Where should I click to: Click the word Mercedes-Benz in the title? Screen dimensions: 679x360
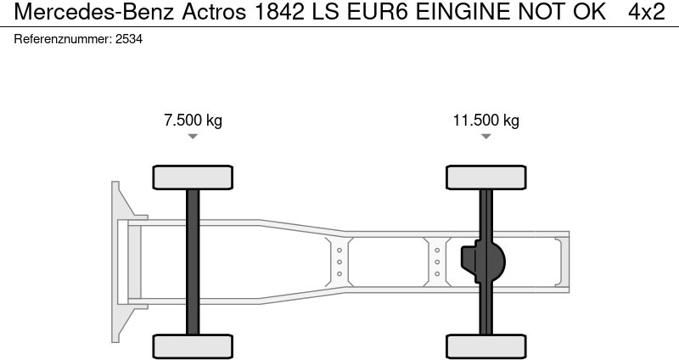(x=94, y=12)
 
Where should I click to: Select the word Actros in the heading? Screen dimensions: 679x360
(x=214, y=12)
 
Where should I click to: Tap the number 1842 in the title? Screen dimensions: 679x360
(x=280, y=12)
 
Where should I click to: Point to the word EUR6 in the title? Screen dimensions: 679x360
(x=377, y=12)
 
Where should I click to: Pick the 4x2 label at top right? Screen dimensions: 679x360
(x=647, y=12)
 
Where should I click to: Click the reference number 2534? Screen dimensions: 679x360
(x=129, y=39)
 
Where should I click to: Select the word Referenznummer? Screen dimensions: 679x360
(x=63, y=39)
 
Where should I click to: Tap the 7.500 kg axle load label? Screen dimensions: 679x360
(x=193, y=120)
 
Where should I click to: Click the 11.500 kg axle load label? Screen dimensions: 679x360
(x=485, y=120)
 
